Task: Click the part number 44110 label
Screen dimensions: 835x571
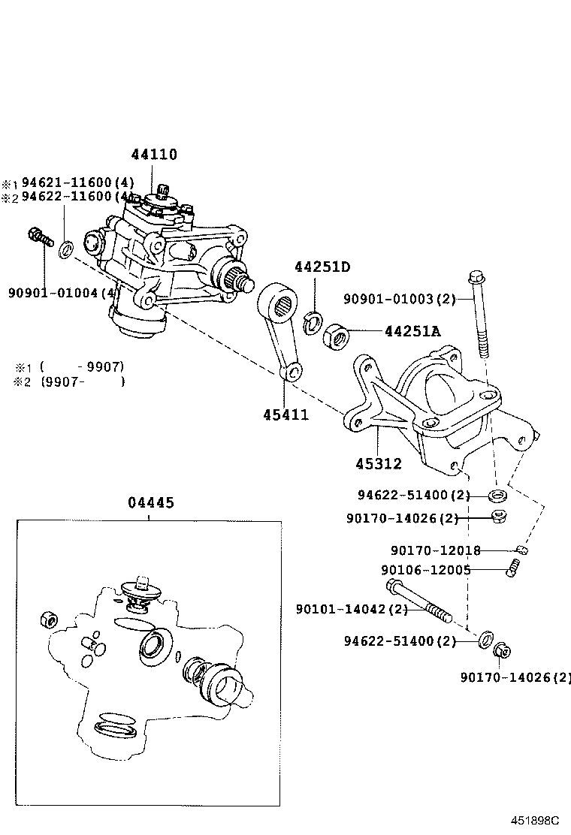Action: tap(154, 155)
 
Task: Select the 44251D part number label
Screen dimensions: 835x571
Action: tap(322, 267)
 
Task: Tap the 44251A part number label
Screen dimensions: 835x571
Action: tap(412, 330)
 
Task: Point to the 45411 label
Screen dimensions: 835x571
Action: tap(285, 414)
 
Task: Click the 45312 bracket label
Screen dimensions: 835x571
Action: tap(379, 463)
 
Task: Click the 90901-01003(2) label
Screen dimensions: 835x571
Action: tap(400, 300)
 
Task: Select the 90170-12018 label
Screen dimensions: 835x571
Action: tap(435, 550)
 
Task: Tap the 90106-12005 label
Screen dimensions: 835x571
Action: tap(426, 570)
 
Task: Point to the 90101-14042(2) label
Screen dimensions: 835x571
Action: tap(352, 609)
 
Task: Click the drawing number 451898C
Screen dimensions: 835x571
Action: tap(536, 821)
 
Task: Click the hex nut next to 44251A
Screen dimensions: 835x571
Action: tap(334, 335)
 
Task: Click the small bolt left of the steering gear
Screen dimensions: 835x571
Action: tap(38, 237)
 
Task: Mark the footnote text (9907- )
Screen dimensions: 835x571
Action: tap(83, 381)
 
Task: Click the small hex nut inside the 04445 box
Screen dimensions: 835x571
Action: tap(47, 620)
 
